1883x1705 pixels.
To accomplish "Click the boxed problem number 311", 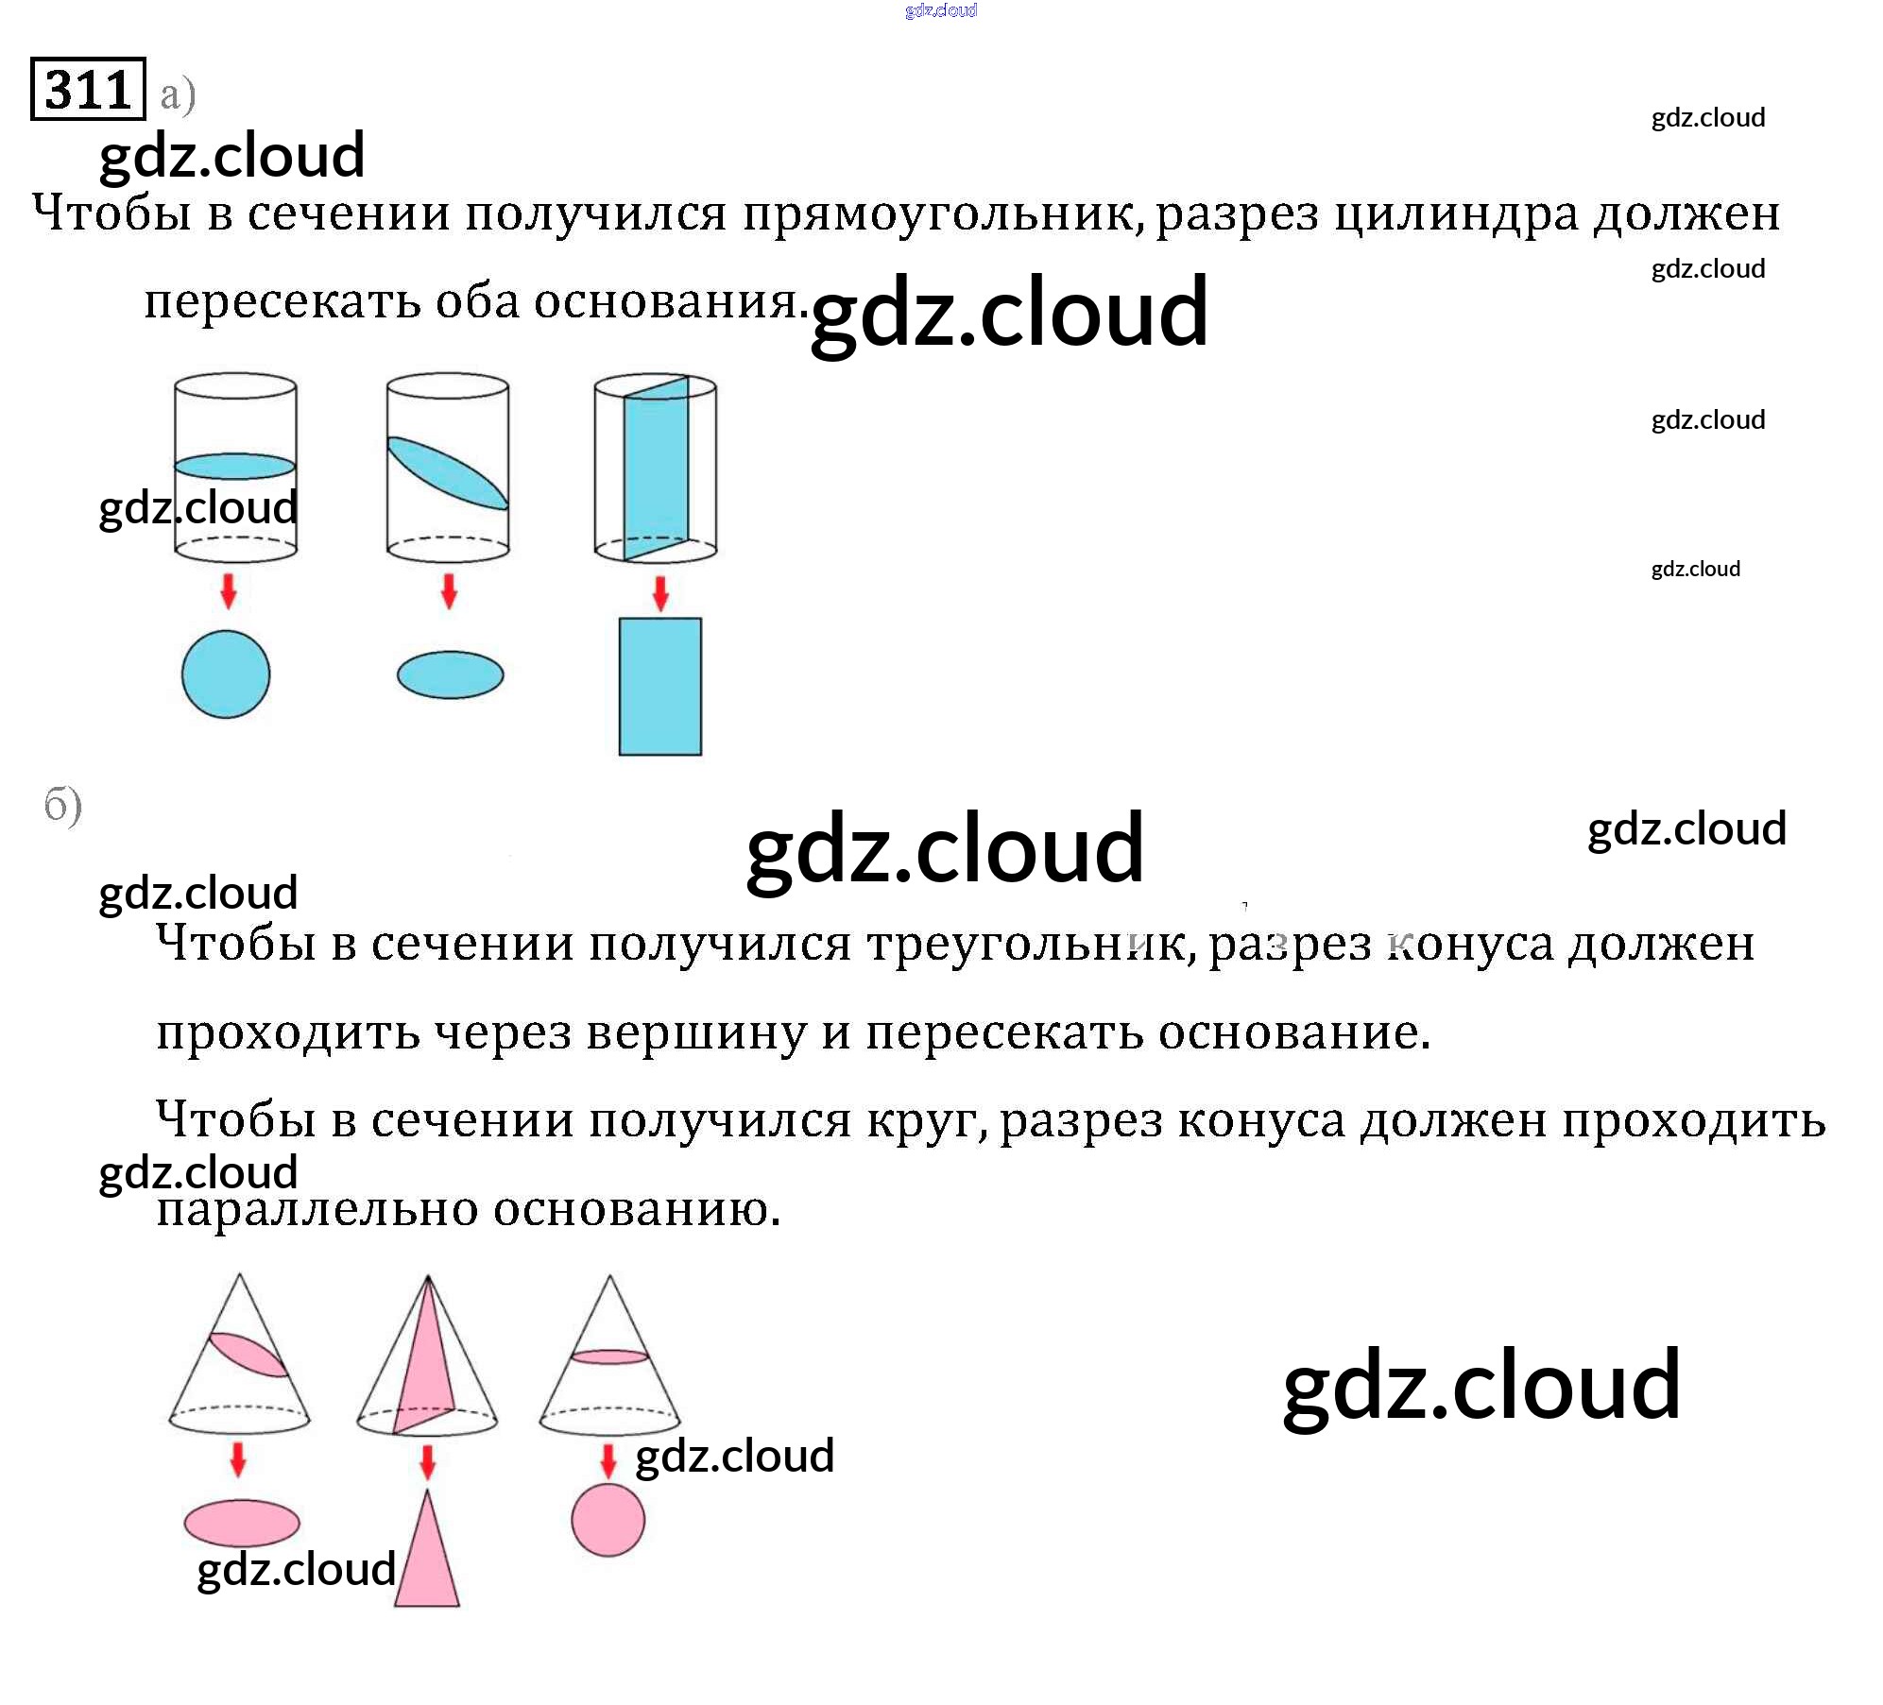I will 88,90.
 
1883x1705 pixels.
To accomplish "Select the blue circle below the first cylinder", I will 226,674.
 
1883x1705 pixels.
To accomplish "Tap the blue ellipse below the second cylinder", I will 450,674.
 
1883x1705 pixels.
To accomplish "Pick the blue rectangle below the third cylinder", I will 659,687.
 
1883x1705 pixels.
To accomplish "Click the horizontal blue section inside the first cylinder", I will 235,466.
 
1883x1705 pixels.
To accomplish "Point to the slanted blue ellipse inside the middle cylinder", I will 447,473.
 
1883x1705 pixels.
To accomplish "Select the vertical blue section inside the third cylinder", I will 656,468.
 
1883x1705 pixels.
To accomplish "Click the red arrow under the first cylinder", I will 229,590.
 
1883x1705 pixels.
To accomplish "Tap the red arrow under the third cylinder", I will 660,594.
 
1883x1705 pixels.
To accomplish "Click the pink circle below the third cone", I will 608,1520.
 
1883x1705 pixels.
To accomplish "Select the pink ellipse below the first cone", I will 242,1522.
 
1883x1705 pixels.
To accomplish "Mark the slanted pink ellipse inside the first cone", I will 248,1355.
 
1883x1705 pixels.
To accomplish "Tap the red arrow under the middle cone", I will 427,1461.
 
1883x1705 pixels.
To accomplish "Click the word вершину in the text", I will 696,1032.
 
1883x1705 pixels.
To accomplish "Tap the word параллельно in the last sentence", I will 317,1209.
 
